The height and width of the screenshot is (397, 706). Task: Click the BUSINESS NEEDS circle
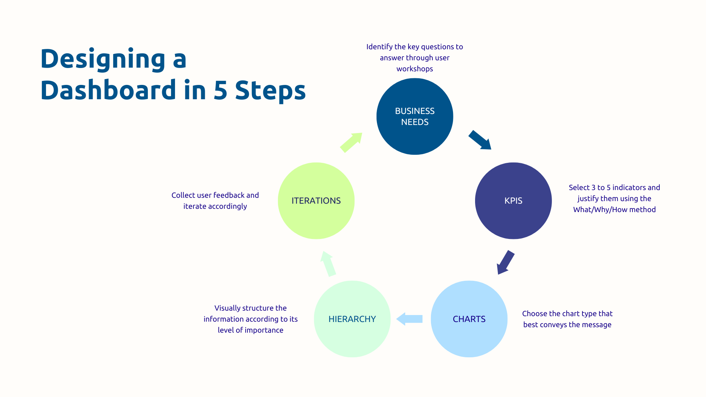(x=415, y=117)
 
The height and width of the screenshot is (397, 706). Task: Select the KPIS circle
(x=513, y=201)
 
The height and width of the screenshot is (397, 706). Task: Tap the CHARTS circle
(x=469, y=319)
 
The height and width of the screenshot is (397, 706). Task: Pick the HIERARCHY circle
(x=352, y=319)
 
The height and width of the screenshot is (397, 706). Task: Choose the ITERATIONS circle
(x=316, y=201)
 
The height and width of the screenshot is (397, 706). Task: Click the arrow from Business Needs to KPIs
(x=480, y=140)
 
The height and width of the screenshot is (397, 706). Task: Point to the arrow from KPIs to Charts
(x=506, y=262)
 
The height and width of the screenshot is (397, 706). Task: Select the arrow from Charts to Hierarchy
(x=410, y=319)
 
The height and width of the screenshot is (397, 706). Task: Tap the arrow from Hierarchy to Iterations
(x=328, y=264)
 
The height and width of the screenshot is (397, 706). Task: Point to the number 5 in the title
(x=220, y=90)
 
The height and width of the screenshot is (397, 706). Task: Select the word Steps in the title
(x=270, y=90)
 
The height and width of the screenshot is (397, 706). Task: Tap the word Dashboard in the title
(x=108, y=90)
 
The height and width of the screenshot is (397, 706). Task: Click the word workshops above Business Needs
(x=415, y=69)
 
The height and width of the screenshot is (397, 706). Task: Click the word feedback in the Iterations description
(x=229, y=195)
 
